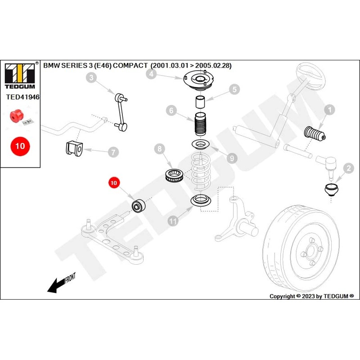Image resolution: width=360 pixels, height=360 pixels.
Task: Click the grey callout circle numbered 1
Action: point(330,109)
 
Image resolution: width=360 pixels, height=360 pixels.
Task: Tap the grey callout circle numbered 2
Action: point(348,169)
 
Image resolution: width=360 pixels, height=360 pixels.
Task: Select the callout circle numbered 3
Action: point(91,78)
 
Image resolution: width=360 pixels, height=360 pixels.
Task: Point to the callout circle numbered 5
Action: point(234,89)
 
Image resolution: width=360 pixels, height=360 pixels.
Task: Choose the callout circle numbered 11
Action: point(173,220)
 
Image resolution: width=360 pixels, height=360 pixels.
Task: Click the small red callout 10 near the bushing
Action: point(113,183)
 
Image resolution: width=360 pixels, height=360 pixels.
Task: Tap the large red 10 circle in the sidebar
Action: point(20,146)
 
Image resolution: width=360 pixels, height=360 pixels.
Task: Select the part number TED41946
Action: point(22,96)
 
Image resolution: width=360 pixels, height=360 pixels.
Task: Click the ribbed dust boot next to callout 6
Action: point(199,126)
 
